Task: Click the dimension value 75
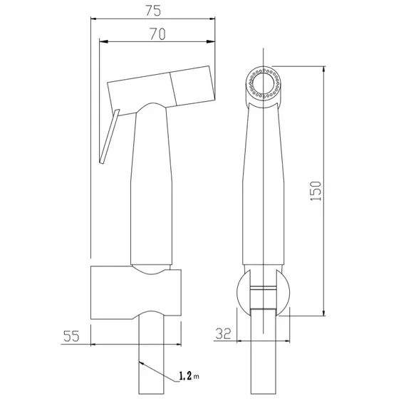[x=153, y=11]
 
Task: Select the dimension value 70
[x=157, y=34]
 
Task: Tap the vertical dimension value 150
[x=316, y=191]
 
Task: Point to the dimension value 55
[x=71, y=336]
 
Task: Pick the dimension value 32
[x=223, y=333]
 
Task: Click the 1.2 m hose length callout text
[x=189, y=375]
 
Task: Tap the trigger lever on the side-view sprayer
[x=109, y=137]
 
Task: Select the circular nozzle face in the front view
[x=264, y=83]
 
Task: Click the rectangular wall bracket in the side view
[x=136, y=293]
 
